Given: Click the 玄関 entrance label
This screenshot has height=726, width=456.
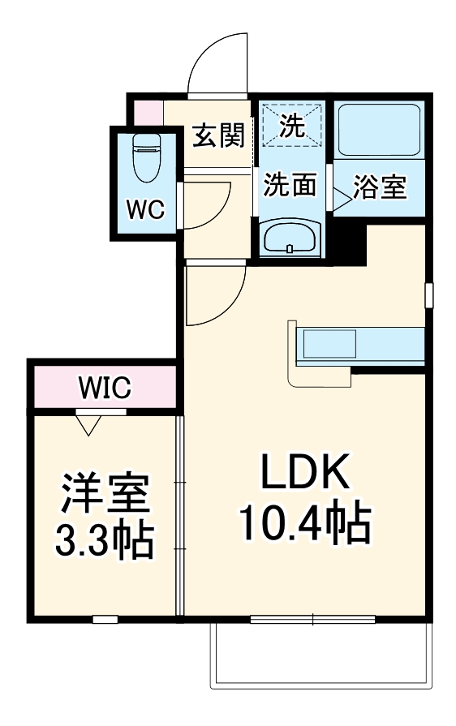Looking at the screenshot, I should [218, 135].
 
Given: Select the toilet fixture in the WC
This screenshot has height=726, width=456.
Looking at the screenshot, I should [146, 158].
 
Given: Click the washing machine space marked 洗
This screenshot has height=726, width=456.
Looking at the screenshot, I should [291, 125].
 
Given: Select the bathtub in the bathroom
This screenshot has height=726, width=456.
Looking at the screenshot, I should [377, 130].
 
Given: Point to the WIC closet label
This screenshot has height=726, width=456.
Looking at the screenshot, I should [105, 388].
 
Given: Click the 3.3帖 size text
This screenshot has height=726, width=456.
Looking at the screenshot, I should [104, 541].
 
